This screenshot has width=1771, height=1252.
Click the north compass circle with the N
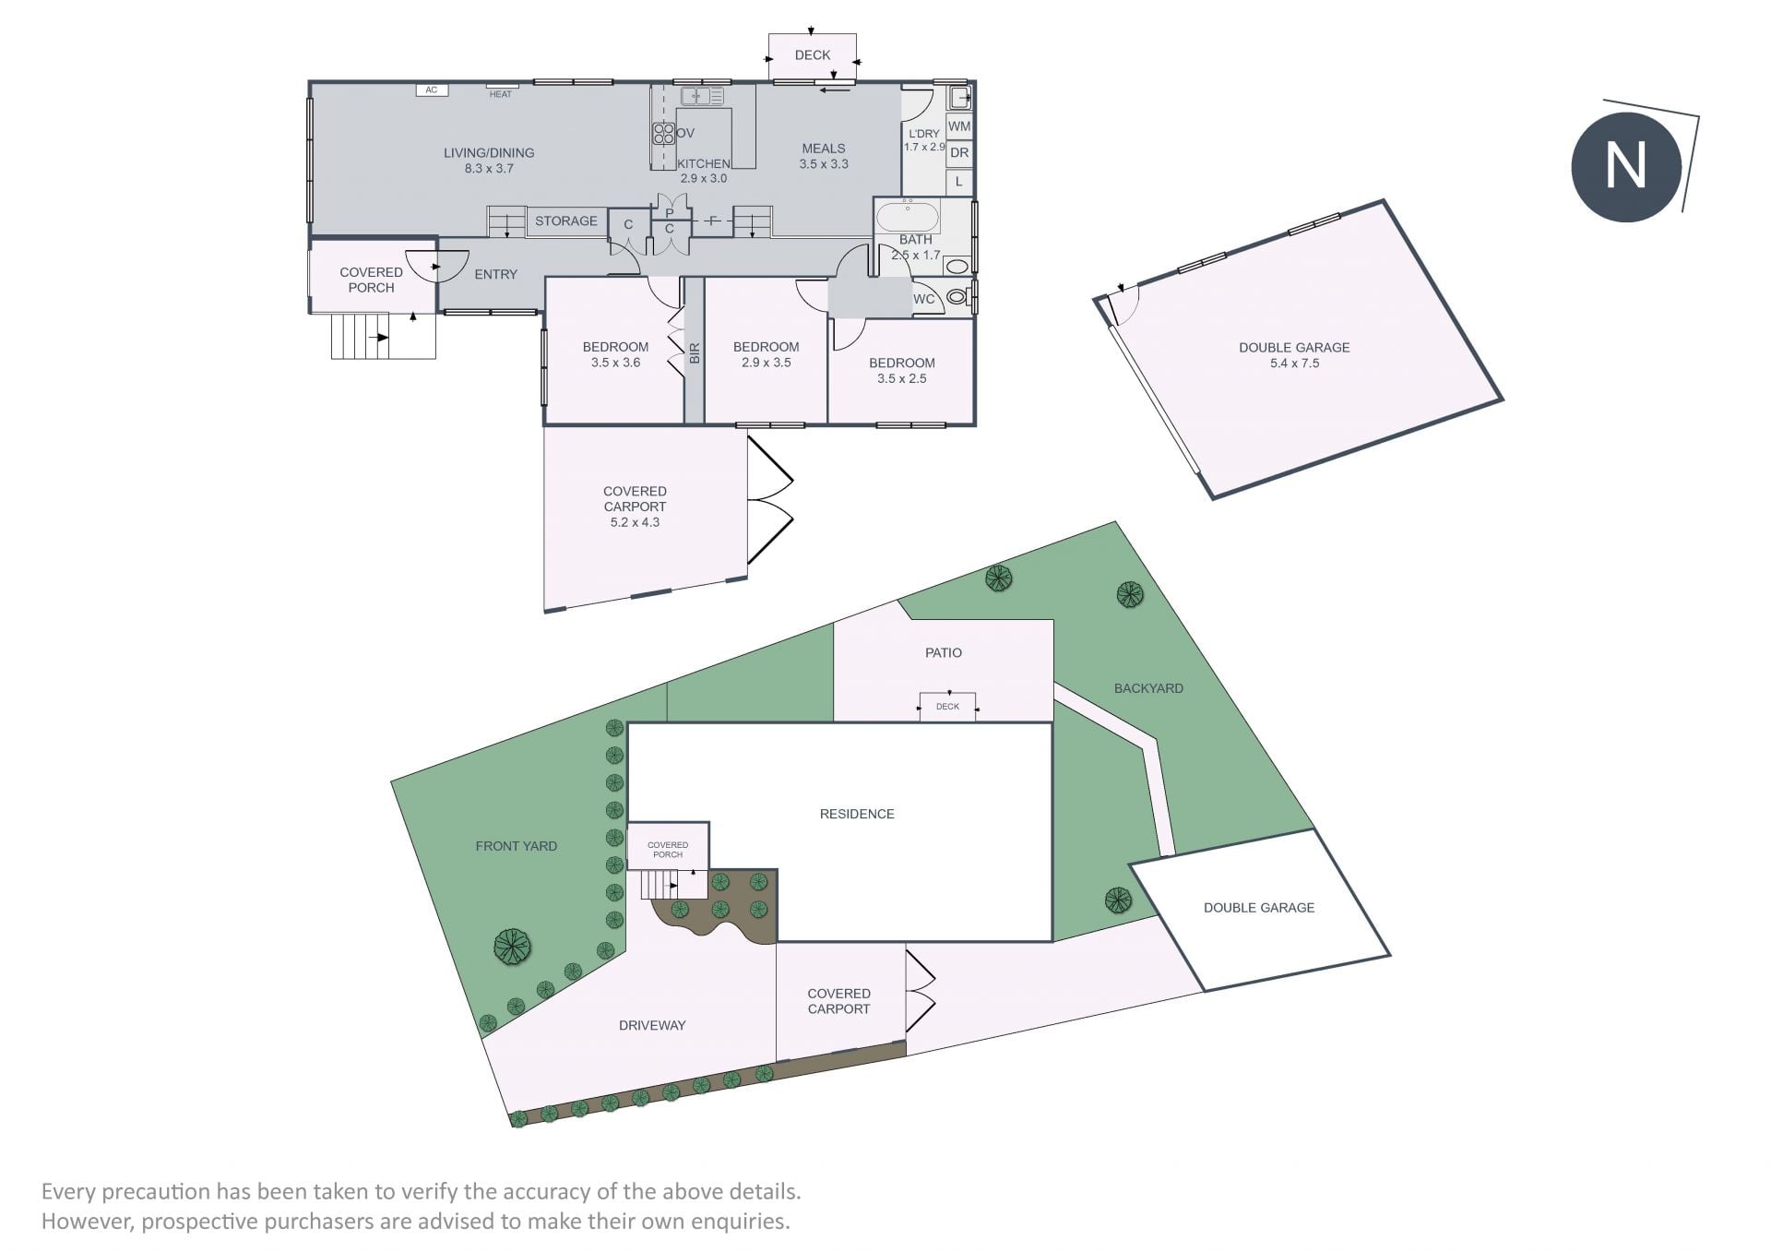pos(1626,167)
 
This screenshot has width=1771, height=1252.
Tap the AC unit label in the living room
pos(431,90)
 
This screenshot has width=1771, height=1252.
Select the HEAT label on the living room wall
pos(501,94)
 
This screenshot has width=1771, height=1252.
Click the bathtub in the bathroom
pos(907,218)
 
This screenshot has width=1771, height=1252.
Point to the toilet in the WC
pos(957,297)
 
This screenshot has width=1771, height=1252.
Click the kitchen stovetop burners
pos(664,134)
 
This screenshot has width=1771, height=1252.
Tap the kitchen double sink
pos(702,96)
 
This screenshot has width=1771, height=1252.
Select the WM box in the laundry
pos(959,126)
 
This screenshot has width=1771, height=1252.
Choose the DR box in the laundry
pos(959,153)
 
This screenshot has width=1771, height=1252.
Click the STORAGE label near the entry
pos(566,221)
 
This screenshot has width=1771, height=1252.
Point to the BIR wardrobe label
pos(695,352)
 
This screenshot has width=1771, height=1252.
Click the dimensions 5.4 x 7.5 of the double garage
pos(1294,364)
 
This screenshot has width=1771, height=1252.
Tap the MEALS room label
pos(824,149)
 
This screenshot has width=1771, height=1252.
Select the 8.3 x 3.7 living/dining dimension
pos(489,169)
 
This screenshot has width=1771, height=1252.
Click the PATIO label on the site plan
pos(944,653)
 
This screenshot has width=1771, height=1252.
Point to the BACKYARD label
pos(1148,688)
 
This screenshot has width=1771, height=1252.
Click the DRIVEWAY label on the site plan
pos(652,1025)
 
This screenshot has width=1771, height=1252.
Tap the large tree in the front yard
pos(513,946)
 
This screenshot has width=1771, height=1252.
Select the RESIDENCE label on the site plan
pos(857,814)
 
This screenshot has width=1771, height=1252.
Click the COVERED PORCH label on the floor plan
pos(371,280)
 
